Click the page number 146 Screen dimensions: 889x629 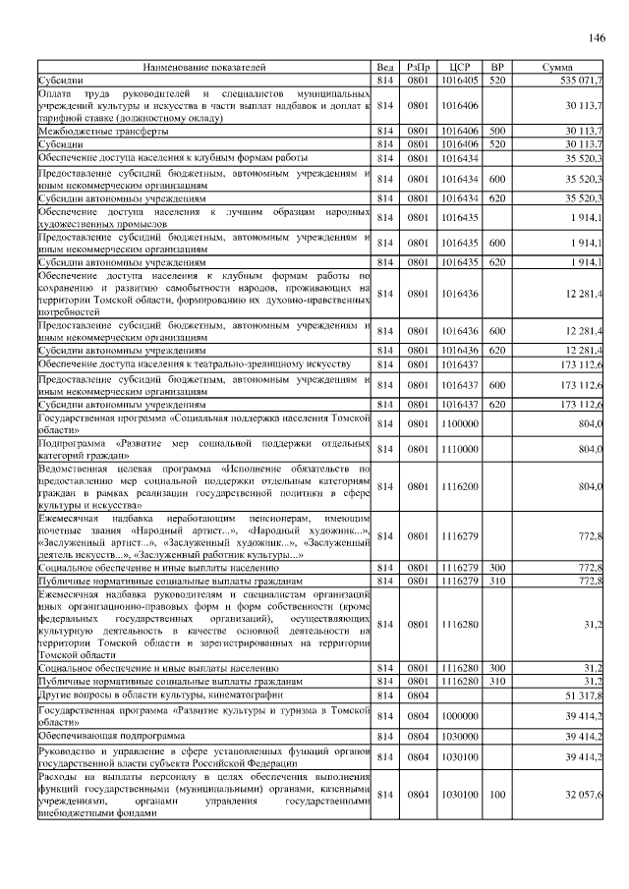tap(596, 38)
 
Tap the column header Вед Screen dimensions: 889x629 tap(386, 67)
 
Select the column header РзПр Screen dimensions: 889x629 tap(419, 67)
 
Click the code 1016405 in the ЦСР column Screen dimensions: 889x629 tap(460, 79)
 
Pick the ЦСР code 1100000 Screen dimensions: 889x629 tap(460, 422)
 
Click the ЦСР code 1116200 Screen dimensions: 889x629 tap(460, 486)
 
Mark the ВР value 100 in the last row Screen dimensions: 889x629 tap(497, 793)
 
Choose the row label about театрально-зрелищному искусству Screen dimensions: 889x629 tap(194, 363)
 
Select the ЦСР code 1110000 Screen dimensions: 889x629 tap(460, 448)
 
